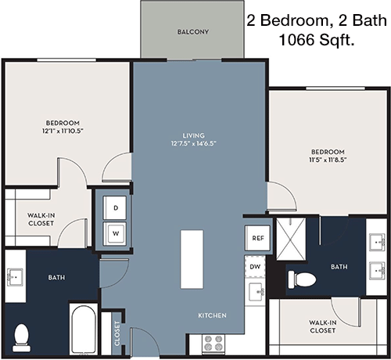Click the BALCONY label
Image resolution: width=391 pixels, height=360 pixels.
(x=193, y=32)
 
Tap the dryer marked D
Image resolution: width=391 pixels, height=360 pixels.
(x=115, y=208)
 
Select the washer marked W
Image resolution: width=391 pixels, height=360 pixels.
(x=115, y=234)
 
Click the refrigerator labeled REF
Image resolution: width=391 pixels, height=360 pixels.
(x=258, y=238)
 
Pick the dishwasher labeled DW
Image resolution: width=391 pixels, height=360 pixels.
(x=255, y=267)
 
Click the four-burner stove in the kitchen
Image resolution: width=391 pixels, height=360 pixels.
(x=213, y=343)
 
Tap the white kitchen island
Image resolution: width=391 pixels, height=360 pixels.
(x=192, y=259)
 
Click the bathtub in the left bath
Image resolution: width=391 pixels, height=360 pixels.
(x=84, y=329)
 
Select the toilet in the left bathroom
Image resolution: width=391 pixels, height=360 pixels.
(x=22, y=338)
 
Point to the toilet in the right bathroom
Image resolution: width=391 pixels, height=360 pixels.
(x=302, y=279)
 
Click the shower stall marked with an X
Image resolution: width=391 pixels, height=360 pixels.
(x=291, y=239)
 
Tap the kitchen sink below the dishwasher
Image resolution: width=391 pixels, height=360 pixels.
(x=256, y=292)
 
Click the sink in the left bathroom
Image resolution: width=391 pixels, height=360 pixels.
(x=15, y=278)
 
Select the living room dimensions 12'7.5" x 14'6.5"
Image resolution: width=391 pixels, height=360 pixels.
(x=194, y=143)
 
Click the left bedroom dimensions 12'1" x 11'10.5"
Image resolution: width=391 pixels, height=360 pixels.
(x=63, y=131)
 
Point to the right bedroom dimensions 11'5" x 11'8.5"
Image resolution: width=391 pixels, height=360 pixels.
(x=328, y=160)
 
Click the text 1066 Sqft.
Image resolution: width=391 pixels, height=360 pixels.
(x=317, y=40)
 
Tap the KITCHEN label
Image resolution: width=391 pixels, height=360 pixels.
(x=212, y=315)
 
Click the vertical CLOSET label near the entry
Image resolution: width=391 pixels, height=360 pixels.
(x=117, y=333)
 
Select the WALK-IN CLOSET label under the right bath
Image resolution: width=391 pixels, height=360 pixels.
(x=323, y=326)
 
